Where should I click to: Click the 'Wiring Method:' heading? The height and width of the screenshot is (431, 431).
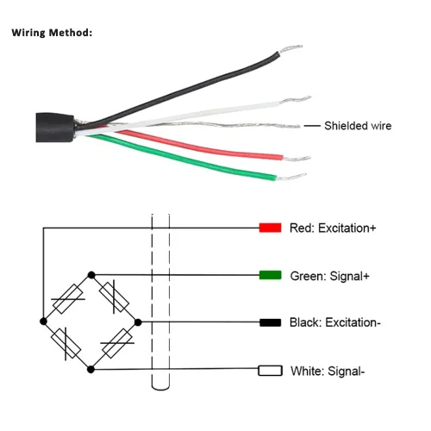click(52, 33)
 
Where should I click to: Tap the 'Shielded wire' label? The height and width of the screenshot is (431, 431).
click(358, 126)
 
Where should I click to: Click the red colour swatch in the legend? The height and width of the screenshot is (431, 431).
click(270, 228)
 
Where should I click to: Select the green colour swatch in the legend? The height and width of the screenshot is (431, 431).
click(270, 275)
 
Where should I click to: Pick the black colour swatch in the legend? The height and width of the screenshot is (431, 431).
click(271, 322)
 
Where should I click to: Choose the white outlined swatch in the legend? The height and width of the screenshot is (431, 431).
click(270, 371)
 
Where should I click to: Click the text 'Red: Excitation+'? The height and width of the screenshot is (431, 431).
click(333, 228)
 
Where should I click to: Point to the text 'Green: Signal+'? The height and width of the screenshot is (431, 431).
click(329, 276)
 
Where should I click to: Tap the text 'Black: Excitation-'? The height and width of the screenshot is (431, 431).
click(335, 322)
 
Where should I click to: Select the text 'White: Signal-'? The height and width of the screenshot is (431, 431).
click(328, 371)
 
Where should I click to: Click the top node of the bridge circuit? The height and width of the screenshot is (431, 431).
click(91, 275)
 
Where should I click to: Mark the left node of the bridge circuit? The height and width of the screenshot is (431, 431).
click(43, 322)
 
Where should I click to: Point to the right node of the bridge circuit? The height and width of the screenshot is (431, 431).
click(138, 322)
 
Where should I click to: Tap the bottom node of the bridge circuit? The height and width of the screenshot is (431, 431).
click(91, 369)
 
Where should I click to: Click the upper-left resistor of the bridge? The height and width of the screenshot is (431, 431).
click(68, 299)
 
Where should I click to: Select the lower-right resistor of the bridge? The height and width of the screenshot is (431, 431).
click(117, 343)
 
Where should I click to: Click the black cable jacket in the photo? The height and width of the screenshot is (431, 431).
click(54, 128)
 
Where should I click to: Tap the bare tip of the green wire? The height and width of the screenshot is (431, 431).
click(290, 177)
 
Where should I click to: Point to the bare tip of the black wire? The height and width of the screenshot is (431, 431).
click(290, 49)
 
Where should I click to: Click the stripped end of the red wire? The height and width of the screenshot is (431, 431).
click(297, 159)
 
